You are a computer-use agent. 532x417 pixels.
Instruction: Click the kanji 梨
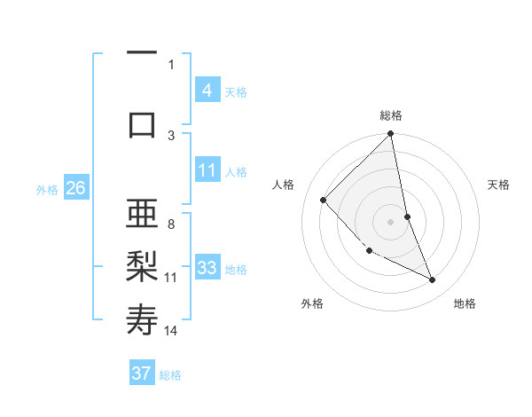(142, 266)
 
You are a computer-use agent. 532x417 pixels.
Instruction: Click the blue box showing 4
(207, 90)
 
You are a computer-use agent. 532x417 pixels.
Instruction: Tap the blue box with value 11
(207, 171)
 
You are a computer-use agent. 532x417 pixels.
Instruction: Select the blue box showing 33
(207, 268)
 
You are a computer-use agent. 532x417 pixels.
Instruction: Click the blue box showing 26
(75, 188)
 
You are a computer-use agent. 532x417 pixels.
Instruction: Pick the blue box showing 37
(142, 374)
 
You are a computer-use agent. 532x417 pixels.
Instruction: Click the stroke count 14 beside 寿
(171, 331)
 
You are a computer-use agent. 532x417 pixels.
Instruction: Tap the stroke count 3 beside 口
(171, 134)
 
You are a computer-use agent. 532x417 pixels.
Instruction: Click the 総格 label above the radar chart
(391, 115)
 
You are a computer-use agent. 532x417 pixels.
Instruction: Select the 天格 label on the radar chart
(499, 185)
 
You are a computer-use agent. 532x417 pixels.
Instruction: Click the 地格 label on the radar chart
(465, 303)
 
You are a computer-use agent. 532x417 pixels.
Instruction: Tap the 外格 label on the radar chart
(312, 303)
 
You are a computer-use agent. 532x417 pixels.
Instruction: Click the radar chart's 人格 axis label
(284, 185)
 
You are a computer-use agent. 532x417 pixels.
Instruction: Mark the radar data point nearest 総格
(391, 135)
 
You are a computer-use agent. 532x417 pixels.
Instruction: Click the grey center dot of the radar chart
(391, 221)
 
